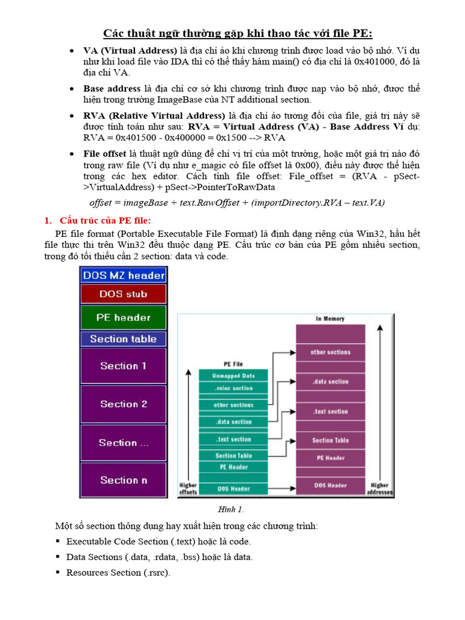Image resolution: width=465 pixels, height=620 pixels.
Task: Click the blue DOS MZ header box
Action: [124, 275]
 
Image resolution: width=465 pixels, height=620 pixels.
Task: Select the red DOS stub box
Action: [124, 294]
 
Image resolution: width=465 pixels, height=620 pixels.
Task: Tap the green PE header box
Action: [124, 317]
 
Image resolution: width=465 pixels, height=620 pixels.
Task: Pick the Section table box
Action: [124, 339]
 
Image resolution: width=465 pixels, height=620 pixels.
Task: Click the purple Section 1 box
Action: [124, 366]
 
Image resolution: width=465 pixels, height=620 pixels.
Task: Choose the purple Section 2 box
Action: [124, 404]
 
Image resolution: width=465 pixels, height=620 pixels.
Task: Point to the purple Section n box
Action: [124, 480]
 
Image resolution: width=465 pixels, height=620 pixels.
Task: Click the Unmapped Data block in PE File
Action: [233, 376]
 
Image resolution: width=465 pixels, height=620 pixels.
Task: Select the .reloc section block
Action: [233, 388]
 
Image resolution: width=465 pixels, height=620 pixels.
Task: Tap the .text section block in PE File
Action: [233, 440]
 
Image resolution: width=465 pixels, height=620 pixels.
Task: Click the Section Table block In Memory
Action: [330, 440]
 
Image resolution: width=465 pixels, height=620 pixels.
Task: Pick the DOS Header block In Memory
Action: [330, 485]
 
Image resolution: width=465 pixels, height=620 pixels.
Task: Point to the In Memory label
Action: [331, 318]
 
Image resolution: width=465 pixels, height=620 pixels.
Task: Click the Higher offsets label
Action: [188, 489]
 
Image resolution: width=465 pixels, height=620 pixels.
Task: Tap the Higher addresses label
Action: [380, 489]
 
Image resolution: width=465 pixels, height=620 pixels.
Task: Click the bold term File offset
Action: [104, 154]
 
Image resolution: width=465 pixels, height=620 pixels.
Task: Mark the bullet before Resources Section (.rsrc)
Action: [58, 572]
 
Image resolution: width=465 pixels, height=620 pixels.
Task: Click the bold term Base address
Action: [112, 88]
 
